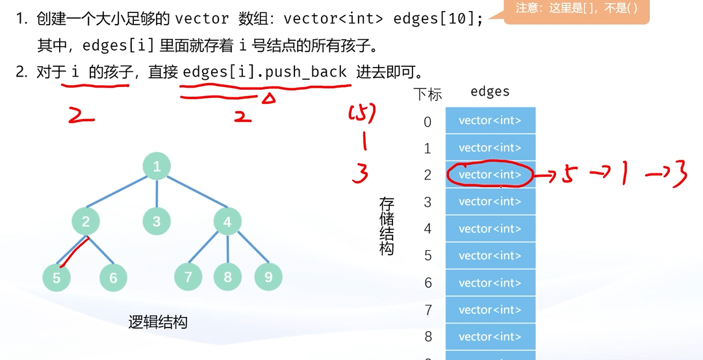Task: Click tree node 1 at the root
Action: [157, 166]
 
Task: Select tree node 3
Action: [157, 222]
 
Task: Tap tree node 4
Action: [227, 222]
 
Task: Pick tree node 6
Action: [113, 277]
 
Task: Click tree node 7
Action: [188, 277]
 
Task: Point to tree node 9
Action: [268, 276]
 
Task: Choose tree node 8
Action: [227, 277]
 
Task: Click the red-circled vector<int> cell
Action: [490, 175]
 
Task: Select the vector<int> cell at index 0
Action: [490, 120]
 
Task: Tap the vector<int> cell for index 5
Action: [490, 255]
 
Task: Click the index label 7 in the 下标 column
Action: [428, 310]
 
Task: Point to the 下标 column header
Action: [428, 94]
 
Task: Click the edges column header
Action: [490, 92]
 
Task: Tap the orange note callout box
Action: [576, 11]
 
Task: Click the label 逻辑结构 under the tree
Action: [158, 322]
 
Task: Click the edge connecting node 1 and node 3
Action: [157, 194]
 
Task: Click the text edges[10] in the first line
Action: [439, 18]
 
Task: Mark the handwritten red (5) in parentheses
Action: [363, 114]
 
